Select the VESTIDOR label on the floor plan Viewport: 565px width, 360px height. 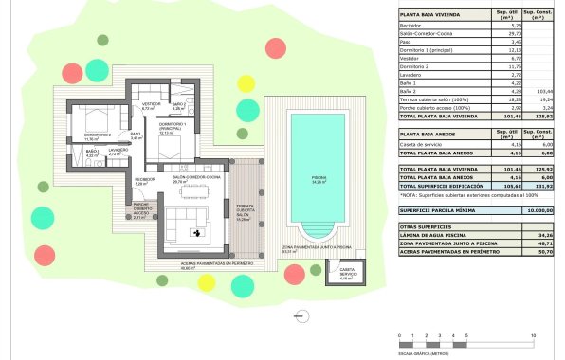click(x=149, y=106)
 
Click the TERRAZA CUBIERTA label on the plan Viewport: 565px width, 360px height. click(x=245, y=210)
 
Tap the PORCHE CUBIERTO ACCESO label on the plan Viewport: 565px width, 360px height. click(x=141, y=212)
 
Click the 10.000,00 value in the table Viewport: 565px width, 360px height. click(x=537, y=210)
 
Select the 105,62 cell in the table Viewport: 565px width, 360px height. click(x=503, y=185)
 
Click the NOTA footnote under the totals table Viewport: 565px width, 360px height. click(x=465, y=195)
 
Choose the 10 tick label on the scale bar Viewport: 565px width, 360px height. click(x=536, y=336)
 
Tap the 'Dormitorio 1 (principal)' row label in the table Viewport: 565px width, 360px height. click(x=427, y=49)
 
